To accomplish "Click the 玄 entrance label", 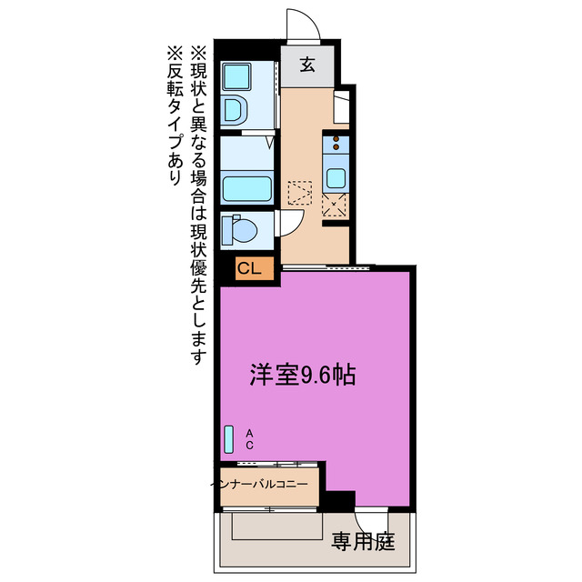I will point(308,65).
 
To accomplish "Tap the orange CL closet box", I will point(249,268).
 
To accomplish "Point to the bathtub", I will point(247,189).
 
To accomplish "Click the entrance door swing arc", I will point(304,25).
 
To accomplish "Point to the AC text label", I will point(247,440).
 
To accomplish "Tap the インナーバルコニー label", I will point(268,484).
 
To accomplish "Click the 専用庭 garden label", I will point(362,543).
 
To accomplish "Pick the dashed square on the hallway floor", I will point(299,194).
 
